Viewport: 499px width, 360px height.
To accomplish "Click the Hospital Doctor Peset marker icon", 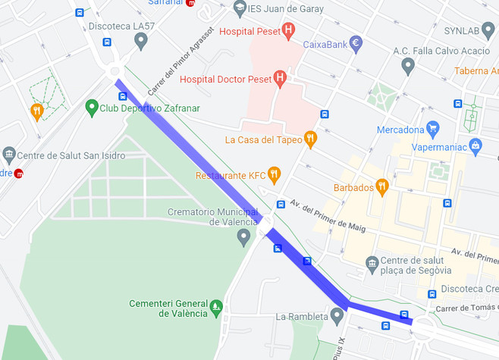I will [280, 77].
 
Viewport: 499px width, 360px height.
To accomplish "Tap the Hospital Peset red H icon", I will [287, 31].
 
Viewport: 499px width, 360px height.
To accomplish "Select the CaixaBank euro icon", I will [356, 44].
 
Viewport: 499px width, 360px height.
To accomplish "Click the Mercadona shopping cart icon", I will [433, 128].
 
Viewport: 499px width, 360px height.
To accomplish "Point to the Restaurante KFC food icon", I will [274, 175].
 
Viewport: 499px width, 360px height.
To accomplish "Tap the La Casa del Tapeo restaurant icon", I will [309, 138].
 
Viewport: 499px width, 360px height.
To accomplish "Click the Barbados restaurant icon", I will [382, 186].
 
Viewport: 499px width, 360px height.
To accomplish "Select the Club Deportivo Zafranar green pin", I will [92, 108].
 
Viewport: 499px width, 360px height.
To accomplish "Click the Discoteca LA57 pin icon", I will [140, 40].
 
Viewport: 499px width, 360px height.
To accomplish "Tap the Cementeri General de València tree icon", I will [217, 306].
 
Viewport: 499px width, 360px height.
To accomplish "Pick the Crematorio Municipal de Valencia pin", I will [243, 237].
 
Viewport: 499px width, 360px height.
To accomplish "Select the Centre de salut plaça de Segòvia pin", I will [372, 264].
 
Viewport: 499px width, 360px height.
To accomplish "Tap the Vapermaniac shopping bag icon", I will [475, 146].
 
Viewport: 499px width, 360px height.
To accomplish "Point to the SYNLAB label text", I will [460, 31].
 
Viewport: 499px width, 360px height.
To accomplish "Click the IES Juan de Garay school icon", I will [240, 8].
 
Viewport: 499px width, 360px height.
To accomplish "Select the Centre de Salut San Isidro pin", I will [9, 155].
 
